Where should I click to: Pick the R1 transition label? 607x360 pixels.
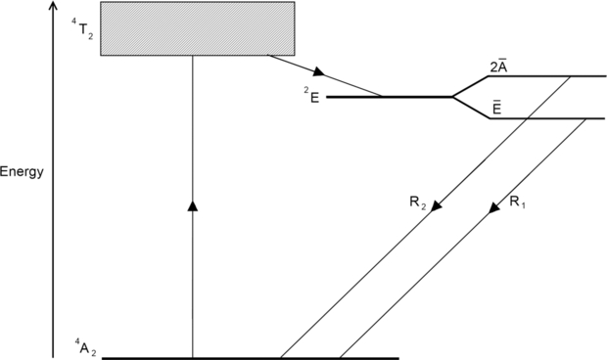518,203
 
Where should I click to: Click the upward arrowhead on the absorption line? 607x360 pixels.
192,205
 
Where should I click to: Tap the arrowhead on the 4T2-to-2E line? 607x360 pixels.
318,72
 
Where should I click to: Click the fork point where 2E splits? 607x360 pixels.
451,97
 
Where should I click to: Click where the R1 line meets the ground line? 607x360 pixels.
339,357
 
